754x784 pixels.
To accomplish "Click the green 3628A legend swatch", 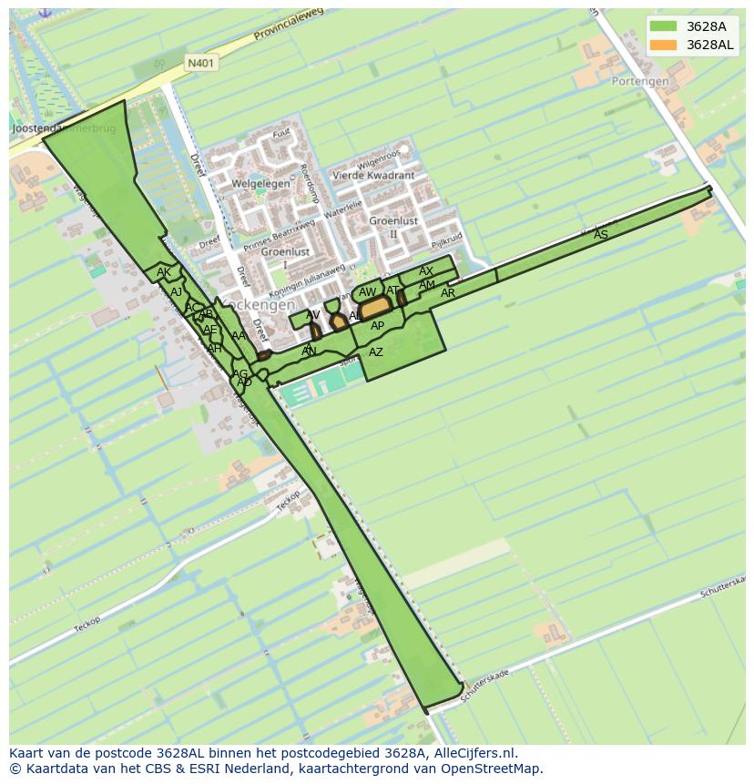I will [663, 26].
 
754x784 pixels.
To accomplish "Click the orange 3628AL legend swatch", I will [663, 45].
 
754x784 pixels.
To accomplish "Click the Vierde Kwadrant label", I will [373, 176].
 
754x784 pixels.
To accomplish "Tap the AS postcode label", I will [601, 235].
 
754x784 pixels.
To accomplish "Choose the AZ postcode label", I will [375, 352].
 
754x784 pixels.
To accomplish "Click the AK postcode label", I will [163, 272].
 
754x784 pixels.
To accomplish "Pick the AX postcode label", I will [426, 271].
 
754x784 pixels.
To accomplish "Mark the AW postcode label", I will [367, 292].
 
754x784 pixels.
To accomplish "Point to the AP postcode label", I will [377, 326].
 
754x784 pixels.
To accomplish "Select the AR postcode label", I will [448, 293].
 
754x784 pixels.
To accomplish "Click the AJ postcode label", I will [177, 292].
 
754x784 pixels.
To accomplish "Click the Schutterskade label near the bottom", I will [484, 688].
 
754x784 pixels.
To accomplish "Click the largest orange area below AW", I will [375, 309].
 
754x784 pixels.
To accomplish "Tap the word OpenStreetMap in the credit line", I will [495, 769].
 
